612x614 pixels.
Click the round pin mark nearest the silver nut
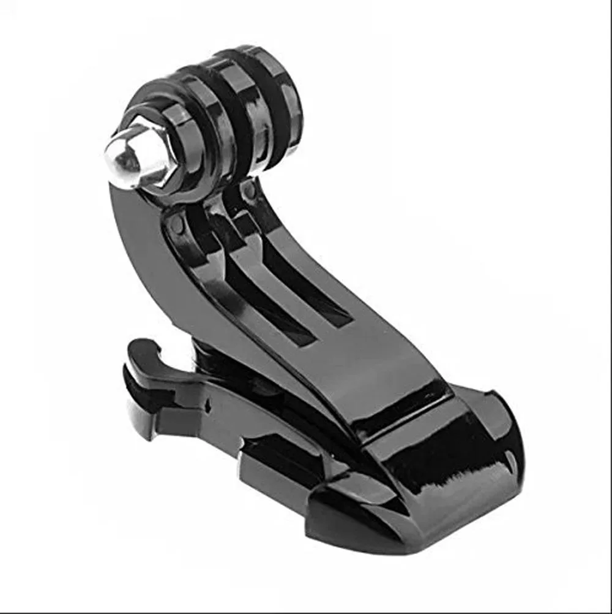(x=177, y=225)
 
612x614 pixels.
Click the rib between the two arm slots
(x=288, y=288)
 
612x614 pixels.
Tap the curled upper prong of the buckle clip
(x=147, y=355)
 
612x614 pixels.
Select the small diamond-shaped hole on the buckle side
(x=209, y=406)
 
